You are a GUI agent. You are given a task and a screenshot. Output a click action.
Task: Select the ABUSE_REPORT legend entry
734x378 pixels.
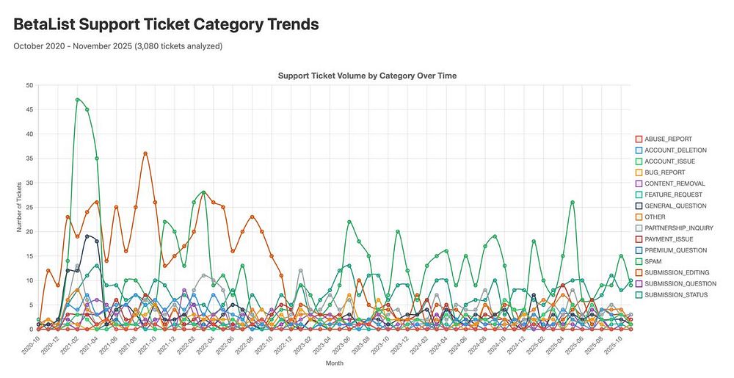663,139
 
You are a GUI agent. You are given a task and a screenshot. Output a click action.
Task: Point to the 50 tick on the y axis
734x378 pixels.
29,85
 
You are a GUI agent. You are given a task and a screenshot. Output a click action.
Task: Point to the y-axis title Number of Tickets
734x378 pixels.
19,207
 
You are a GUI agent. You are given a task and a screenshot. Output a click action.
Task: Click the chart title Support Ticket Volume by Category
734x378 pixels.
368,76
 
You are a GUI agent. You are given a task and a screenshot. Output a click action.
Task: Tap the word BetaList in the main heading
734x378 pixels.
46,23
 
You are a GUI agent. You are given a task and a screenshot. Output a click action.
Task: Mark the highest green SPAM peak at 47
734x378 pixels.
78,100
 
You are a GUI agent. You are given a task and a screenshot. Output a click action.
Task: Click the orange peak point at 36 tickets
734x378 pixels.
145,153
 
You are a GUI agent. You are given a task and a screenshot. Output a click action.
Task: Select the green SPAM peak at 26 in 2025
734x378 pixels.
572,203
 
